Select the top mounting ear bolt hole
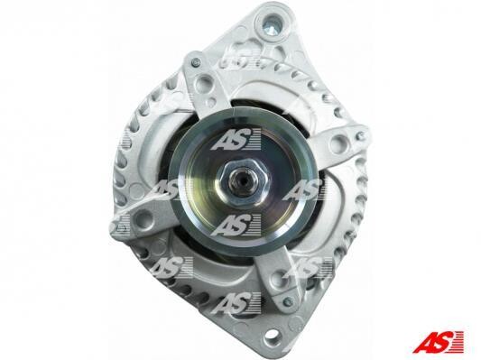[x=273, y=23]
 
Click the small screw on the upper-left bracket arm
[x=196, y=63]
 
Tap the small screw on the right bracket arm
[x=360, y=134]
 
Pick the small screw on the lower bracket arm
[x=288, y=300]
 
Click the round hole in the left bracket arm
[x=143, y=218]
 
